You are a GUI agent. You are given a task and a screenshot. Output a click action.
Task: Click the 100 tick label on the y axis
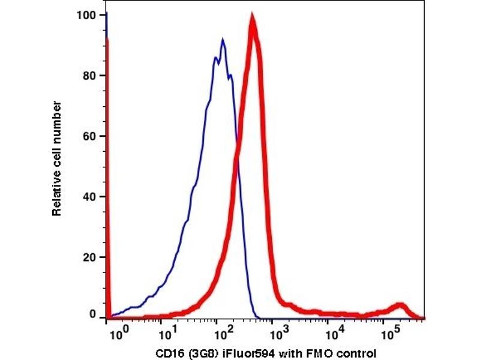click(x=86, y=15)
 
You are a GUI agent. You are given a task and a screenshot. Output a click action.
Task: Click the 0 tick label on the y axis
click(x=92, y=314)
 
